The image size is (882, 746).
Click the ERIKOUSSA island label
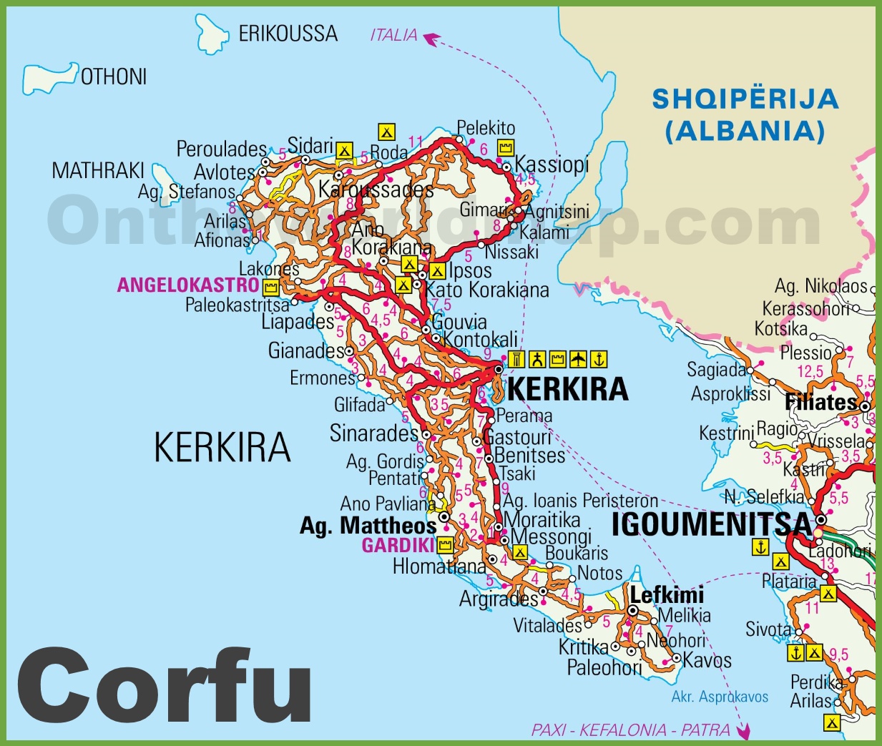pyautogui.click(x=288, y=34)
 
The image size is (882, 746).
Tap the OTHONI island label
pyautogui.click(x=114, y=77)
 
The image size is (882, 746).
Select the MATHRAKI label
pyautogui.click(x=98, y=171)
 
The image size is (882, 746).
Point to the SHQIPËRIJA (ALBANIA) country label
pyautogui.click(x=745, y=114)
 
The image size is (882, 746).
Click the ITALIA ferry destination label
pyautogui.click(x=393, y=34)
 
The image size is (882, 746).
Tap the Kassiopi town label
pyautogui.click(x=552, y=165)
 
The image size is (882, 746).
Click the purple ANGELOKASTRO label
pyautogui.click(x=188, y=285)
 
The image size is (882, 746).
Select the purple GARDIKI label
pyautogui.click(x=398, y=546)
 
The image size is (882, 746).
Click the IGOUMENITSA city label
pyautogui.click(x=712, y=525)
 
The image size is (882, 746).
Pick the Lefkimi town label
pyautogui.click(x=667, y=594)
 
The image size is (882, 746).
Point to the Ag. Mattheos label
pyautogui.click(x=368, y=526)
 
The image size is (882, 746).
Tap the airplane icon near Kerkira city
pyautogui.click(x=578, y=359)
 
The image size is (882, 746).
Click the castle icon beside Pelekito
pyautogui.click(x=506, y=148)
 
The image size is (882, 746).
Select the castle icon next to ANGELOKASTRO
pyautogui.click(x=270, y=288)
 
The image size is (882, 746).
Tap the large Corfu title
pyautogui.click(x=165, y=686)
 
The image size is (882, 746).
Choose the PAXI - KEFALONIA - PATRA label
pyautogui.click(x=630, y=730)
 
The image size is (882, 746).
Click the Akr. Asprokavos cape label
pyautogui.click(x=720, y=697)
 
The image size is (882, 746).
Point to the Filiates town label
pyautogui.click(x=820, y=402)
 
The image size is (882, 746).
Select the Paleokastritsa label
pyautogui.click(x=237, y=305)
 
